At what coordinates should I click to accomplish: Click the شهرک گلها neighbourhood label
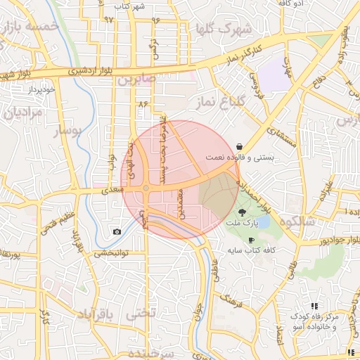click(225, 29)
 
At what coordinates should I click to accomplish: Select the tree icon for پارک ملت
click(243, 212)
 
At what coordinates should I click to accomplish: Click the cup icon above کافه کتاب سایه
click(251, 240)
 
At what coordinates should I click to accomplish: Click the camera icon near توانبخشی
click(117, 232)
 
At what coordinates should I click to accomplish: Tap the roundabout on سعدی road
click(146, 188)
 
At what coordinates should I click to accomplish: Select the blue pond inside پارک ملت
click(259, 223)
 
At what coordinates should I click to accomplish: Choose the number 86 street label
click(145, 103)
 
